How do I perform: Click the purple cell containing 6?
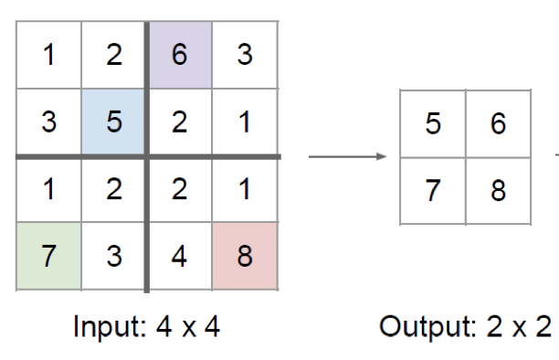pyautogui.click(x=179, y=55)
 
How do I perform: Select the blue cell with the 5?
pyautogui.click(x=113, y=122)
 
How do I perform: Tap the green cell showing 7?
pyautogui.click(x=48, y=256)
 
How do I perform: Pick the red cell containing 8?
pyautogui.click(x=244, y=256)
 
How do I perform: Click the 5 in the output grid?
pyautogui.click(x=433, y=122)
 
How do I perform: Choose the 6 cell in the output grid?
pyautogui.click(x=498, y=122)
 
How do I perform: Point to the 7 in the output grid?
pyautogui.click(x=433, y=190)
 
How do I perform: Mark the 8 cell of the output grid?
pyautogui.click(x=498, y=190)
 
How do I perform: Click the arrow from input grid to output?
pyautogui.click(x=348, y=156)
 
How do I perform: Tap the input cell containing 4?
pyautogui.click(x=179, y=256)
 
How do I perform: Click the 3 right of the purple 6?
pyautogui.click(x=244, y=55)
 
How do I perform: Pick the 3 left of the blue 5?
pyautogui.click(x=48, y=122)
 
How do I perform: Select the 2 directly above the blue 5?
pyautogui.click(x=113, y=55)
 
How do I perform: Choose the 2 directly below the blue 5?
pyautogui.click(x=113, y=190)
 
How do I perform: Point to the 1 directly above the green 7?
pyautogui.click(x=48, y=190)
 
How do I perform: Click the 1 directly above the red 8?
pyautogui.click(x=244, y=190)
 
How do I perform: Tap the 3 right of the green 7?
pyautogui.click(x=113, y=256)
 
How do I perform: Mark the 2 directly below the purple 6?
pyautogui.click(x=179, y=122)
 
